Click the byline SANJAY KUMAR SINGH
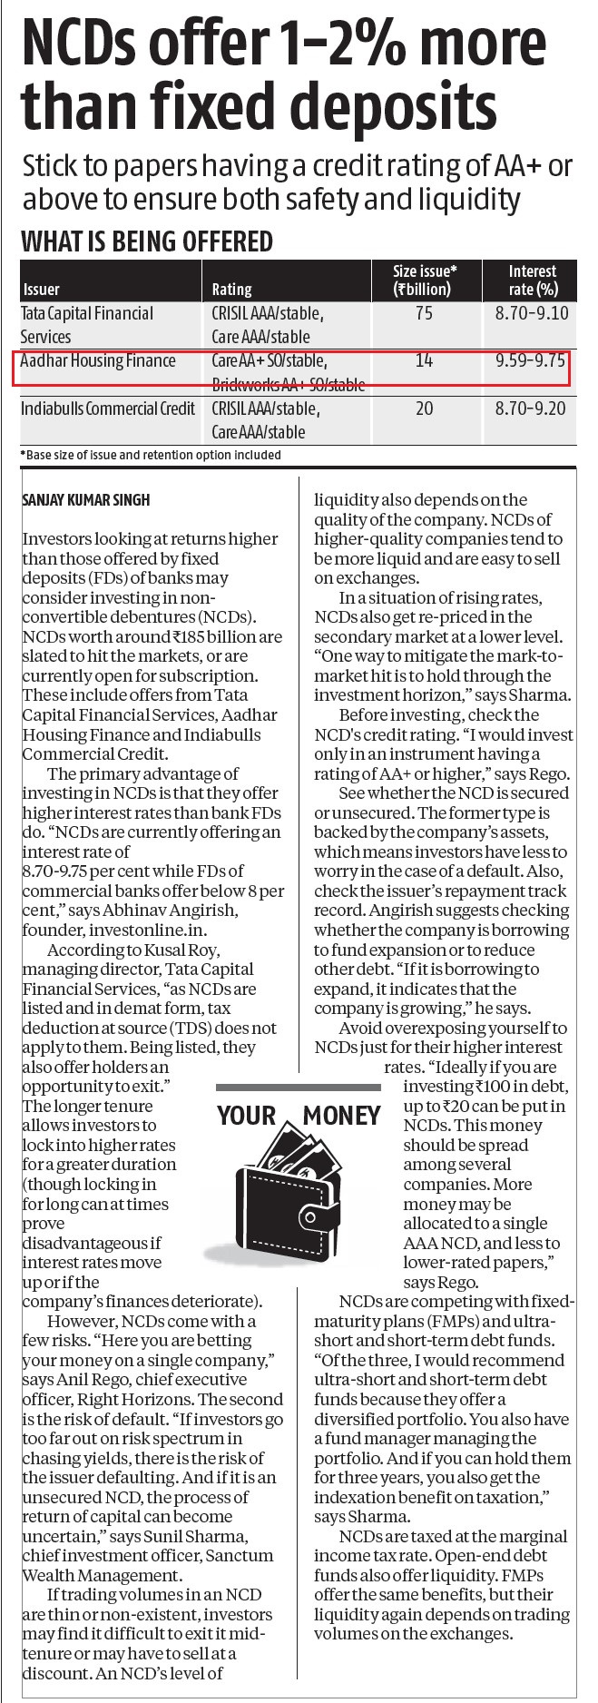85,500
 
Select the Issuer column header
41,290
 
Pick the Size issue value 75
424,314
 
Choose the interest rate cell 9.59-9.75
531,361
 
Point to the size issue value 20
424,409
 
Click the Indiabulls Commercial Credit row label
108,409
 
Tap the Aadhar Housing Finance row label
98,361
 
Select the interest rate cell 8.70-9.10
531,314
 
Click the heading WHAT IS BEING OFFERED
146,241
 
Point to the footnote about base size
151,455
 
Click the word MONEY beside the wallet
342,1115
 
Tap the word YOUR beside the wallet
246,1115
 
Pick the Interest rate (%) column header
532,281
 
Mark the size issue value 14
424,361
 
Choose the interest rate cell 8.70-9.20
531,409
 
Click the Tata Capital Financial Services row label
88,325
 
